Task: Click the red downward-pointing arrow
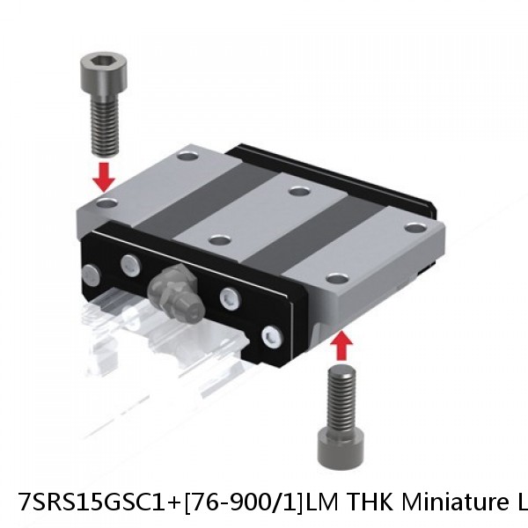click(105, 175)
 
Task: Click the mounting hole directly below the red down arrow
click(106, 203)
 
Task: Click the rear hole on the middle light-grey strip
click(299, 191)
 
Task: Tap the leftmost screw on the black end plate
click(91, 273)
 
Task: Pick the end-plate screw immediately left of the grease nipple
click(129, 261)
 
